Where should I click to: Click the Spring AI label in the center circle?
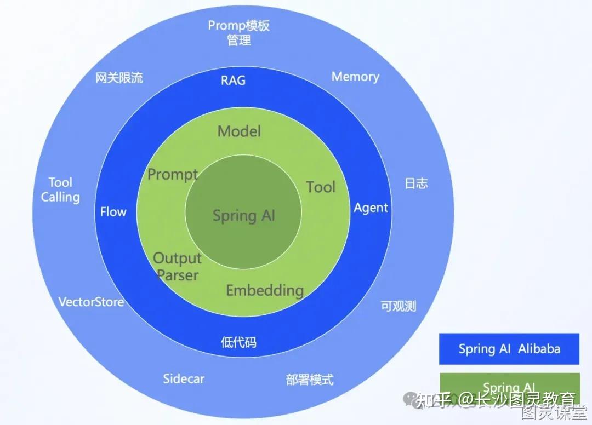[244, 215]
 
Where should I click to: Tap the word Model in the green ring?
[239, 131]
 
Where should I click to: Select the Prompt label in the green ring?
[173, 175]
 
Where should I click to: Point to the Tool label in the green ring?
[321, 187]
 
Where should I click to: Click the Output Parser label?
[177, 266]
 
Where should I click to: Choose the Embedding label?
[265, 290]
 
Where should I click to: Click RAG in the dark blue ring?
[233, 81]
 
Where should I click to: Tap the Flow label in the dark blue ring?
[113, 212]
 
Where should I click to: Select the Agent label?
[371, 208]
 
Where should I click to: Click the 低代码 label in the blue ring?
[238, 343]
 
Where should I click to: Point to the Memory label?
[355, 77]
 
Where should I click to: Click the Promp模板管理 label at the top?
[239, 32]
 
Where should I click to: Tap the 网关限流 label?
[119, 78]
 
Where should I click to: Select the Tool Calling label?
[60, 190]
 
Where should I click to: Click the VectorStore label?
[91, 302]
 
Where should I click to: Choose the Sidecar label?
[184, 378]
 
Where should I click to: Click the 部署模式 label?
[310, 380]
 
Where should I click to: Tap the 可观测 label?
[399, 306]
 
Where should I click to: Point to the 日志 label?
[416, 183]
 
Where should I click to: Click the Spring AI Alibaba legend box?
[509, 349]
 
